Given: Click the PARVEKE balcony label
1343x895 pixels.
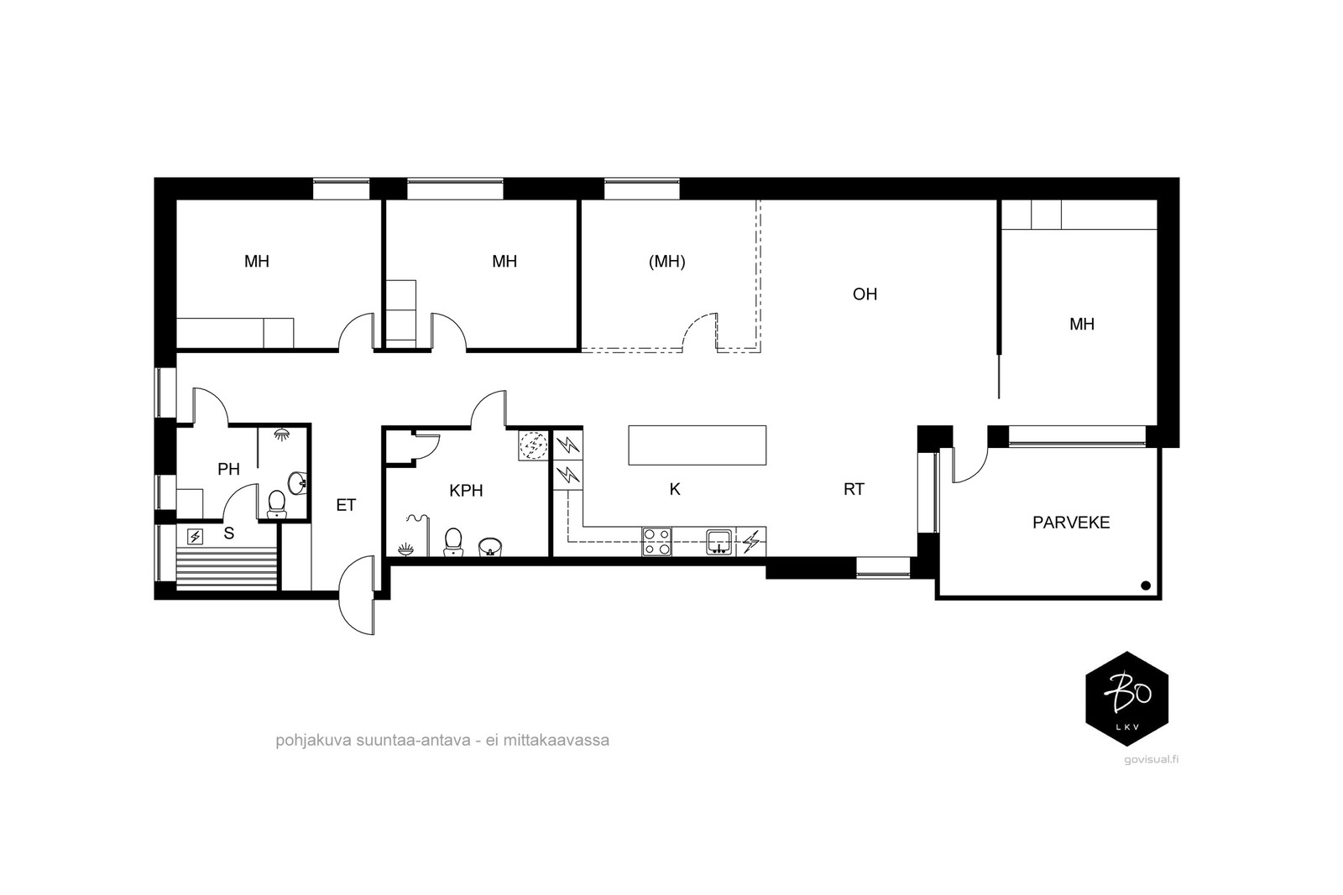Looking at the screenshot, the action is pos(1071,523).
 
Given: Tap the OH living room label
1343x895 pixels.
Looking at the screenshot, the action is pos(865,294).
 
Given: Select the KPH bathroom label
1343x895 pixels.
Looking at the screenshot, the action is pos(466,491).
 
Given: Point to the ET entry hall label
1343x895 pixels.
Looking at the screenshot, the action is pos(346,505).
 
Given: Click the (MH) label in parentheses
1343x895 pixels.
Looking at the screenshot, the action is pos(666,261).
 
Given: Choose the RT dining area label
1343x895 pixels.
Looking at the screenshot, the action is pos(854,489).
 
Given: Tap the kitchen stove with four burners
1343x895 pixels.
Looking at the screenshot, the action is pos(657,542).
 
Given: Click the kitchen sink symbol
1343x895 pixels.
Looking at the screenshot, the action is pos(719,542).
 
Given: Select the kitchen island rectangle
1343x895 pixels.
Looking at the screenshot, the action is pos(698,445).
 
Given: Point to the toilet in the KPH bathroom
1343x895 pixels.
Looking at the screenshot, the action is pos(453,542).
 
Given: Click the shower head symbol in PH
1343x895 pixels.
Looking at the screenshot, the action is pos(280,434).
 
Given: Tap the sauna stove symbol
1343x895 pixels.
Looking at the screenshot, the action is pos(195,536).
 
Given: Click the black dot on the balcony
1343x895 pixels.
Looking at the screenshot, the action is pos(1145,585).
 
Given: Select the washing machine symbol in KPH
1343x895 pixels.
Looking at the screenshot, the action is pos(533,445).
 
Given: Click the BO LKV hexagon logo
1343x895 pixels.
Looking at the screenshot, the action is pos(1127,699).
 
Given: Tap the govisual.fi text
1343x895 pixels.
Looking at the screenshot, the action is pos(1151,760).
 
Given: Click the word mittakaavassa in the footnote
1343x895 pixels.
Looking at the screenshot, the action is pos(556,741).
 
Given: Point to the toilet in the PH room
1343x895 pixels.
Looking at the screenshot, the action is pos(276,504).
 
